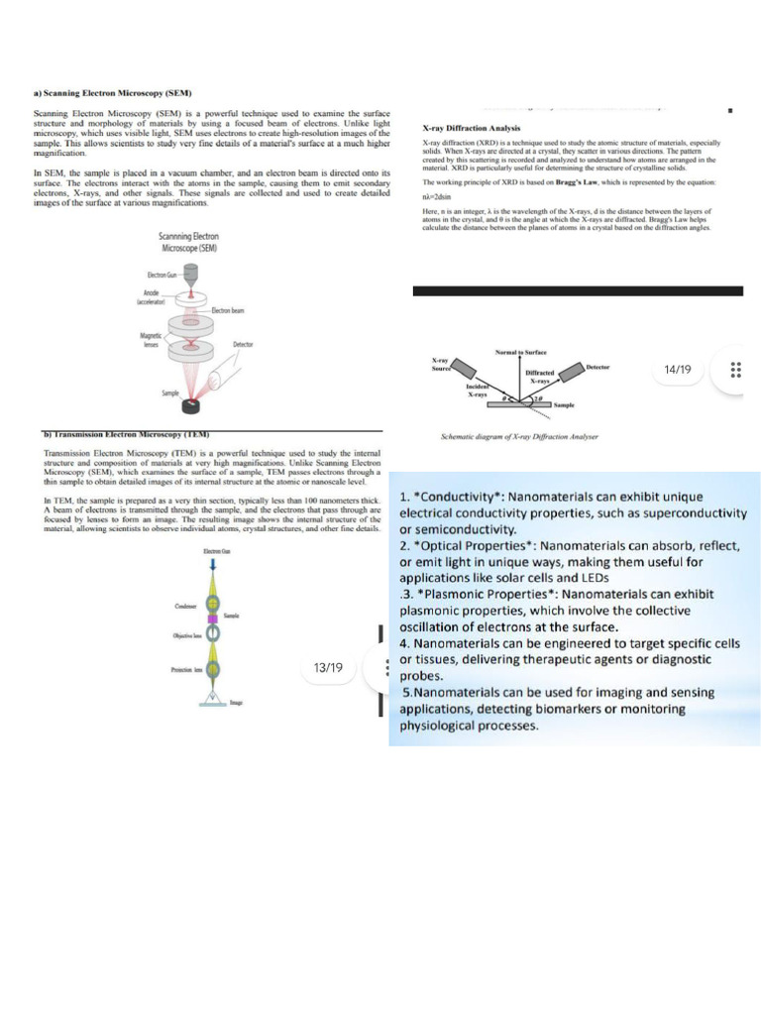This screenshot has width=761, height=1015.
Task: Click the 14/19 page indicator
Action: pos(678,370)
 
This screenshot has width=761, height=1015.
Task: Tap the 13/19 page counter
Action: pos(327,667)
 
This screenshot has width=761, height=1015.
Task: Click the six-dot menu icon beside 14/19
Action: pos(735,370)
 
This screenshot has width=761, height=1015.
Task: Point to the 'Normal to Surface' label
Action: pos(520,353)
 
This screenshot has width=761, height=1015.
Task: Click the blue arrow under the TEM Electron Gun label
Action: pos(217,565)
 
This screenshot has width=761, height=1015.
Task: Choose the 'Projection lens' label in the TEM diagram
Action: pos(187,670)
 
